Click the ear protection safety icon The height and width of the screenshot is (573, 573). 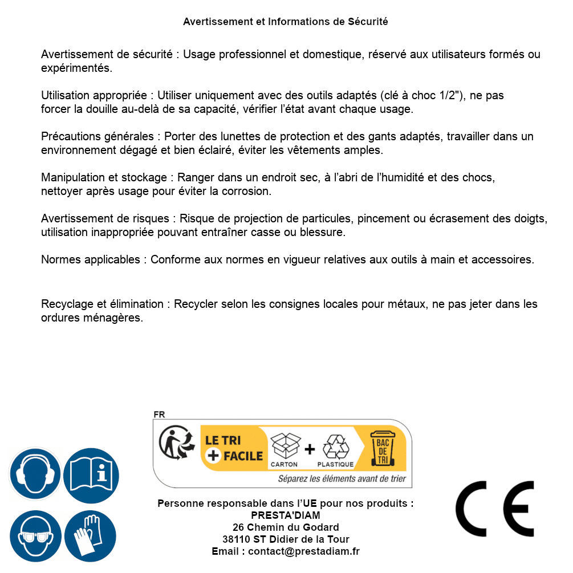pyautogui.click(x=35, y=474)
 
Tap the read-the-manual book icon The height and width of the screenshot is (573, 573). pyautogui.click(x=91, y=474)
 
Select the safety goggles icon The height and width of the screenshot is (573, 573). pyautogui.click(x=35, y=536)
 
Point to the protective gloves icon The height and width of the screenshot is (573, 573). pyautogui.click(x=91, y=536)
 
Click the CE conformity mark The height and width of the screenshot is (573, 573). pyautogui.click(x=494, y=509)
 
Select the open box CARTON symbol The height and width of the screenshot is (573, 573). pyautogui.click(x=284, y=446)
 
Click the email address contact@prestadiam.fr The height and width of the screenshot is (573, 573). pyautogui.click(x=304, y=551)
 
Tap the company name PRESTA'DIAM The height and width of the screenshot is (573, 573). pyautogui.click(x=286, y=515)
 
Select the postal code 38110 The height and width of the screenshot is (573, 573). pyautogui.click(x=235, y=539)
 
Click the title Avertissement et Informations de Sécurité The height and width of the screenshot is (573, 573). pyautogui.click(x=286, y=22)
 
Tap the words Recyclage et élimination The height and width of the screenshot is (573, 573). pyautogui.click(x=103, y=304)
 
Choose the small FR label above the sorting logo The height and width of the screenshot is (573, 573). pyautogui.click(x=159, y=414)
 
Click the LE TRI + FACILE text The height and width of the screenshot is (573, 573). pyautogui.click(x=234, y=448)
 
